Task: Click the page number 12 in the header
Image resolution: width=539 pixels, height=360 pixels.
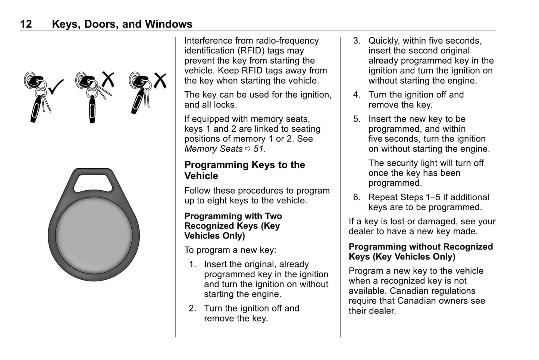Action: coord(26,24)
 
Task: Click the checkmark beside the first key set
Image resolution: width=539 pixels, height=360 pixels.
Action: coord(56,87)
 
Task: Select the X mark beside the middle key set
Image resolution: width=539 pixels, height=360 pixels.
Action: coord(108,79)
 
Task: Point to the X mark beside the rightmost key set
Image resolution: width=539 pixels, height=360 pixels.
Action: coord(160,80)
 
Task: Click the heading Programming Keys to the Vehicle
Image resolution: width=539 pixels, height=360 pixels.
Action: coord(244,170)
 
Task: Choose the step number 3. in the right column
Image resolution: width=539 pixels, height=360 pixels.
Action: coord(357,41)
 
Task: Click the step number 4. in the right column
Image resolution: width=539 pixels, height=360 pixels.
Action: coord(357,95)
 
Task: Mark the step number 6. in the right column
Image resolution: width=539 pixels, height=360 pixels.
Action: coord(357,197)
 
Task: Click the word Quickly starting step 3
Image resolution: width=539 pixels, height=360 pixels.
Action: coord(383,41)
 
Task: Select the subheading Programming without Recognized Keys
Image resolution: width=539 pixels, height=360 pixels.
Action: coord(420,252)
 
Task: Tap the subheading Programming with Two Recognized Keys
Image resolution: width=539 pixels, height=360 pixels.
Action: coord(233,226)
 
